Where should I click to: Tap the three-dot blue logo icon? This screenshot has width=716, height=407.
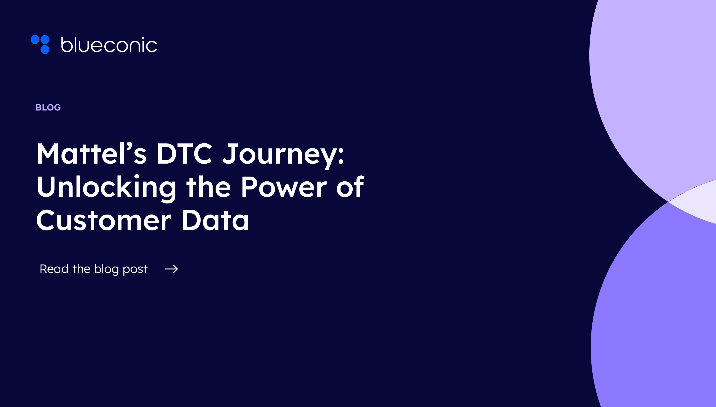(x=40, y=44)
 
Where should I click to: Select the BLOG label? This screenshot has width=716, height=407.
(x=48, y=107)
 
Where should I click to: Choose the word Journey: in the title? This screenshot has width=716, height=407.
(x=283, y=155)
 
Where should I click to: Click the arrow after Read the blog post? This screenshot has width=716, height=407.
(x=171, y=269)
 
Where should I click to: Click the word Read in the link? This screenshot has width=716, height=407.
(x=54, y=269)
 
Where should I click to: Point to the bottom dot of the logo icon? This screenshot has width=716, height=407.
(x=45, y=49)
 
